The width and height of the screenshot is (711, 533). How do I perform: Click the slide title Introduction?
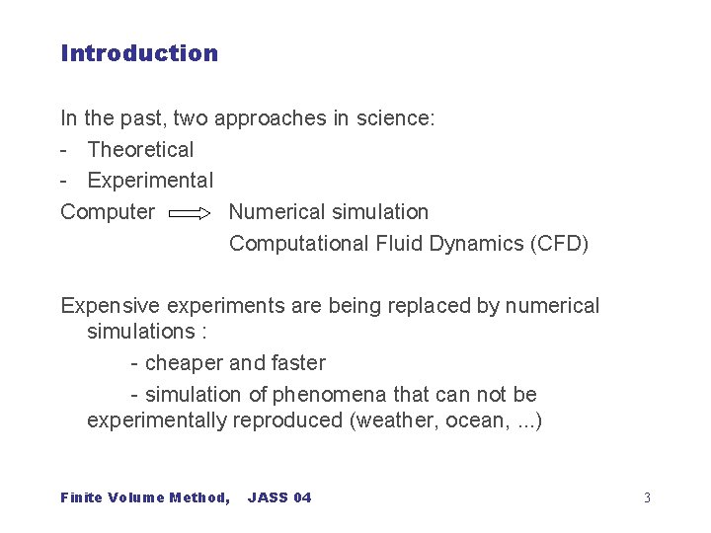pos(139,53)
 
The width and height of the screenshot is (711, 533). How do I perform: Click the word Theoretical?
pos(140,150)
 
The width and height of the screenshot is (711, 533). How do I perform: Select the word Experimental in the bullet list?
pos(150,181)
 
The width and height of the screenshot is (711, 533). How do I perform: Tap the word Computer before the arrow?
pos(108,212)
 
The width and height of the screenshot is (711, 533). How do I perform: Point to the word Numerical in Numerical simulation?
pos(275,212)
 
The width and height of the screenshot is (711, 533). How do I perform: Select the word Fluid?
pos(400,244)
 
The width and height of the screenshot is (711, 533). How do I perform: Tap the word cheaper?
pos(187,363)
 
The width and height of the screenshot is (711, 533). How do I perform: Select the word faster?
pos(297,363)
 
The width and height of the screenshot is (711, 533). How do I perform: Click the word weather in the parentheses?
pos(392,420)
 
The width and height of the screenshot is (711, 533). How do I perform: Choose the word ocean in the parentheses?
pos(469,420)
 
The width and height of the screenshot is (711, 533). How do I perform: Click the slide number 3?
pos(647,497)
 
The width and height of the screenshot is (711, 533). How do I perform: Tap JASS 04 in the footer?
pos(279,497)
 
